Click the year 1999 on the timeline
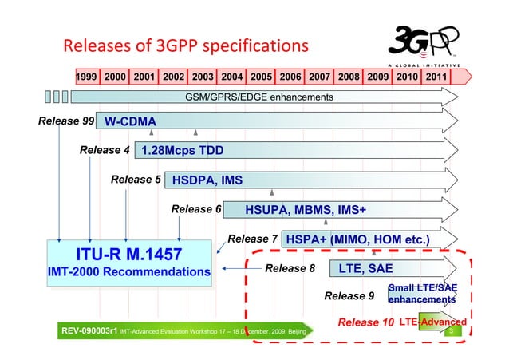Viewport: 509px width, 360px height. click(87, 77)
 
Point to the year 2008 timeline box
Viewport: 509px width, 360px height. click(348, 77)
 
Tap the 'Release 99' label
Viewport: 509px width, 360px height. click(65, 121)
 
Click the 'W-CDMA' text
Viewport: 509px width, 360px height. click(130, 122)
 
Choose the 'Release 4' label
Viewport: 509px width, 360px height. click(105, 150)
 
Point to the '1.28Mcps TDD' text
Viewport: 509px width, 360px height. click(182, 151)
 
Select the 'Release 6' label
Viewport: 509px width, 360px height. click(196, 209)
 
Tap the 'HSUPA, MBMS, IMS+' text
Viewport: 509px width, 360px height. click(306, 210)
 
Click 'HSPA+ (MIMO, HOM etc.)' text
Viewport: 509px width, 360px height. click(357, 239)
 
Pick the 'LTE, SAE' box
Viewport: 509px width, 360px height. click(365, 268)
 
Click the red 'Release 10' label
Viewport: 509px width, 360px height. click(366, 322)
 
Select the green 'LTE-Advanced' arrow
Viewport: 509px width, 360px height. click(432, 322)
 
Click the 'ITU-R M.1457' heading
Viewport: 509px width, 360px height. click(128, 255)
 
